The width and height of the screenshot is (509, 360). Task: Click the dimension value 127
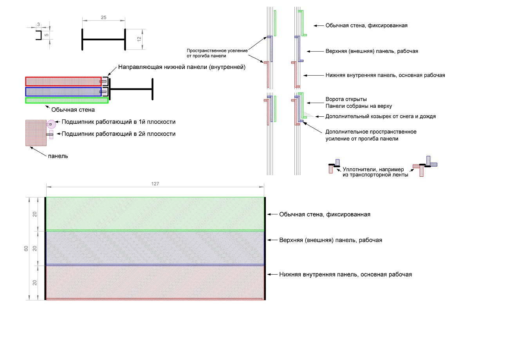pyautogui.click(x=155, y=183)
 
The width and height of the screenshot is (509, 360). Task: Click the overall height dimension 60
pyautogui.click(x=26, y=249)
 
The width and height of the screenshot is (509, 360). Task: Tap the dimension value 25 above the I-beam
pyautogui.click(x=103, y=18)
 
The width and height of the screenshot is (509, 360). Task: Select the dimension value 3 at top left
pyautogui.click(x=38, y=24)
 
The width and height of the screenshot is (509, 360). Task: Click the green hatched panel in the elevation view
pyautogui.click(x=155, y=213)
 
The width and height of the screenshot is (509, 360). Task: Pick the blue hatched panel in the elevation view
pyautogui.click(x=155, y=248)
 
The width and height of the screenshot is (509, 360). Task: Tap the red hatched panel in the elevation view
pyautogui.click(x=155, y=282)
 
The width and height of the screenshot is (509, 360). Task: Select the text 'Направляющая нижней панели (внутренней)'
pyautogui.click(x=182, y=67)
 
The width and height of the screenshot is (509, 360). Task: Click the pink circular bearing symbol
pyautogui.click(x=51, y=124)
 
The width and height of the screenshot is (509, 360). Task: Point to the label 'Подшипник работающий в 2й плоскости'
pyautogui.click(x=118, y=134)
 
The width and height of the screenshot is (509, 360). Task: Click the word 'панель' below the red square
pyautogui.click(x=58, y=156)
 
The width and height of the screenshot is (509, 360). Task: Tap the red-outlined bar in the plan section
pyautogui.click(x=63, y=81)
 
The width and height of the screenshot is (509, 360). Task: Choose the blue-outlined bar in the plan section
pyautogui.click(x=63, y=92)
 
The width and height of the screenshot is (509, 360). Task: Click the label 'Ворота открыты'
pyautogui.click(x=346, y=99)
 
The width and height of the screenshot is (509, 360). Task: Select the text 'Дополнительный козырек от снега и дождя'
pyautogui.click(x=381, y=116)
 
